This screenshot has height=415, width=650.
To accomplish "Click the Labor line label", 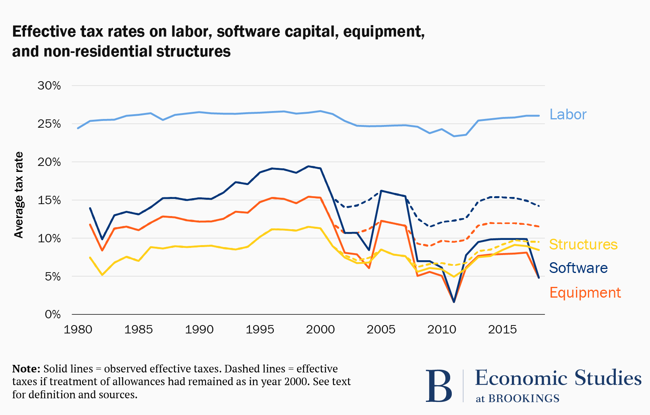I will point(568,115).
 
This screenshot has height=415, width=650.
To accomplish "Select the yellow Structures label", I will point(583,244).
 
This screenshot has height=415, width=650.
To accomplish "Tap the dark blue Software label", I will point(578,268).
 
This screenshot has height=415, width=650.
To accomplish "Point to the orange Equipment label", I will point(585,293).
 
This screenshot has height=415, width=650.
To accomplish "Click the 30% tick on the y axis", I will point(49,86).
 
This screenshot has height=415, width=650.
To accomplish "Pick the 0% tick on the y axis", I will point(53,315).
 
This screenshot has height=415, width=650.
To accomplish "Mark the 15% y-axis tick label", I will point(49,200).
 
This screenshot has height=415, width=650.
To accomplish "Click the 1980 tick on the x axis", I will point(78,329).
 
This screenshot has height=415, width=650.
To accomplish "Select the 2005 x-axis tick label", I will point(381,329).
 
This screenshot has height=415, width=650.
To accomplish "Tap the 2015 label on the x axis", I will point(502,329).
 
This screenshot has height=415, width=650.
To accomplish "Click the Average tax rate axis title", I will point(19,195).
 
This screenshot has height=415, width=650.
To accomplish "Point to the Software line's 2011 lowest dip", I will point(454,302).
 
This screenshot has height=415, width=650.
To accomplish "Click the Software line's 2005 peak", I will point(381,191).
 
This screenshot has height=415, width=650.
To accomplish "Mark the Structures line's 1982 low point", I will point(102,275).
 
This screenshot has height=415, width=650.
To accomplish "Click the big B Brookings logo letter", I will point(439,386).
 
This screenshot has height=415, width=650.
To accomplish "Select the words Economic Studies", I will point(558,378).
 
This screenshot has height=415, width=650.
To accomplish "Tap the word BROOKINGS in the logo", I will point(524,398).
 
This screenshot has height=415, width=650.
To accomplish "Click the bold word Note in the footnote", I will point(26,368).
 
